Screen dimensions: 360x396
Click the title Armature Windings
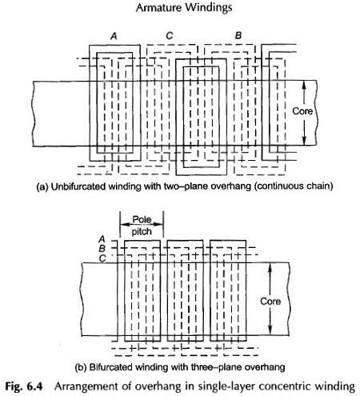184,7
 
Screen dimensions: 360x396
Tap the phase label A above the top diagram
114,36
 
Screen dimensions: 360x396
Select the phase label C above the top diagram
170,35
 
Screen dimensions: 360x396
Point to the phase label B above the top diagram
238,35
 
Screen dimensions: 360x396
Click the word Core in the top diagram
302,111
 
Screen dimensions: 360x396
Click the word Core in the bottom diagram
270,302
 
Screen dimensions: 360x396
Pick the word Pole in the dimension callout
142,219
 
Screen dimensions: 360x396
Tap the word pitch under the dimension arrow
142,231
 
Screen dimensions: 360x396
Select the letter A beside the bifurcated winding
102,239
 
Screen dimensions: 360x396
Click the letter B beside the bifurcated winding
102,249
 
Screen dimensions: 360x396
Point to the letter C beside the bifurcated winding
102,258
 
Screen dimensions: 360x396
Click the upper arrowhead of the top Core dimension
305,85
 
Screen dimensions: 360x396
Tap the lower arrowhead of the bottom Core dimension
270,330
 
